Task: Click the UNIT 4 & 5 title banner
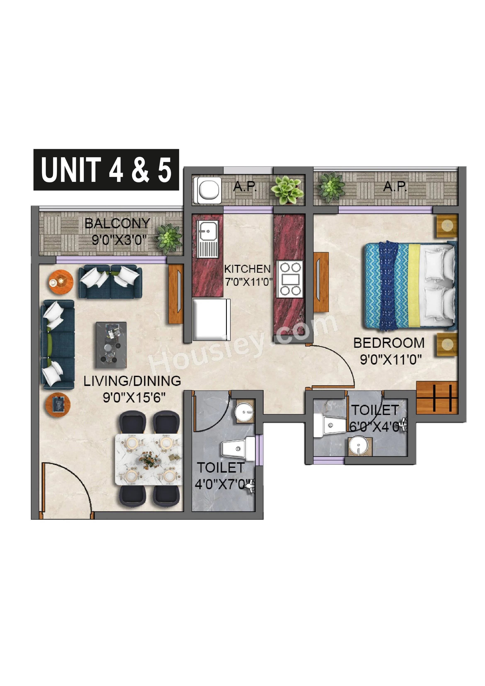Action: click(106, 169)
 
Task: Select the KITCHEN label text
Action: click(247, 269)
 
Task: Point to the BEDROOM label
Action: click(389, 343)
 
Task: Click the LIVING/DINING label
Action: click(132, 381)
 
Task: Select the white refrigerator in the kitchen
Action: click(211, 319)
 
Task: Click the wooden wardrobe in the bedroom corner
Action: click(437, 398)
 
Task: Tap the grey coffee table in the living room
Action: click(111, 345)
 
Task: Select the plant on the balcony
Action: click(169, 238)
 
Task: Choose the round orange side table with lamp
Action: click(61, 282)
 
